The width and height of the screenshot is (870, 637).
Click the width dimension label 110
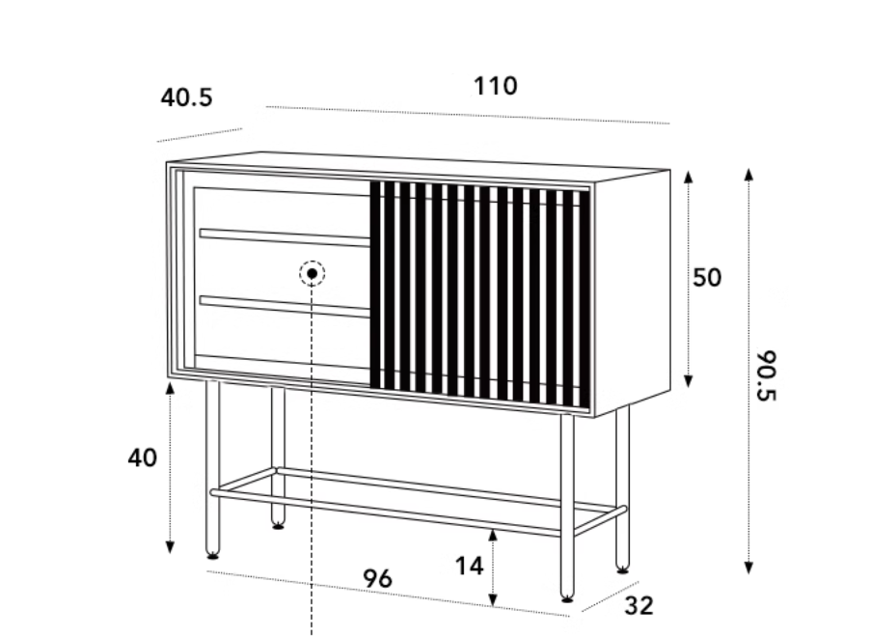(496, 86)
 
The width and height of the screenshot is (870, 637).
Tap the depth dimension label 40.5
(186, 97)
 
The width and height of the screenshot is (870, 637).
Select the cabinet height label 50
(707, 277)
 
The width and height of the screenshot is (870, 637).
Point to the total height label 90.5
(768, 375)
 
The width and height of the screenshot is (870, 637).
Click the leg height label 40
(143, 458)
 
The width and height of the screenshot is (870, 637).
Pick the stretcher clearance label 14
(469, 567)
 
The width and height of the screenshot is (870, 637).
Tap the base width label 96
(377, 579)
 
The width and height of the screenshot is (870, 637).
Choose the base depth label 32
(639, 606)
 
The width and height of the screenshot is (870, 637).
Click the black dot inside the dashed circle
(312, 273)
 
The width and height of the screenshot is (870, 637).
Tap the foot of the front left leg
(212, 553)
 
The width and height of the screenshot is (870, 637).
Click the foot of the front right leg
(567, 597)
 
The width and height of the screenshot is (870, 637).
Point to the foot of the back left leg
(278, 524)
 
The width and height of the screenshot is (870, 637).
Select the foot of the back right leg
(622, 568)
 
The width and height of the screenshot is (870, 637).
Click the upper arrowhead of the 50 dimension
(688, 177)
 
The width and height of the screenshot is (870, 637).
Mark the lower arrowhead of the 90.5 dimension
(748, 567)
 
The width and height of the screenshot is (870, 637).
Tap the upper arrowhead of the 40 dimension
(171, 387)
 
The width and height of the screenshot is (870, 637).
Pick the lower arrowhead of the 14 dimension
(493, 599)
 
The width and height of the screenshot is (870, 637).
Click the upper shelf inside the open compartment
(285, 237)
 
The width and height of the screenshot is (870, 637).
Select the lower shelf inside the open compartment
(285, 306)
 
